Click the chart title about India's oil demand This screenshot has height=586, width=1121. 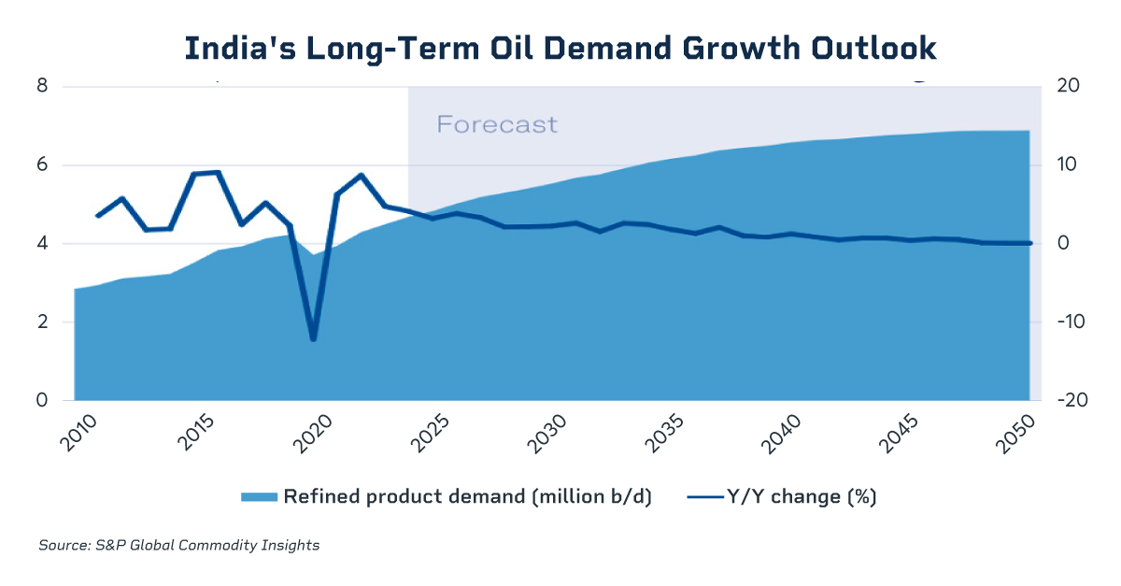click(x=560, y=49)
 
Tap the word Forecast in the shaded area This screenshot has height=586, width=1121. click(x=497, y=124)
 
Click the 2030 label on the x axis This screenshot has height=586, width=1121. click(x=555, y=435)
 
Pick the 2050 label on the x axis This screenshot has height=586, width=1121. click(x=1022, y=435)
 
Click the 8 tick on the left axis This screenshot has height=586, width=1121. click(x=42, y=87)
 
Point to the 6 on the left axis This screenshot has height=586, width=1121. click(x=42, y=165)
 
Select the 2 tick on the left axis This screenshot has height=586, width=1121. click(x=42, y=322)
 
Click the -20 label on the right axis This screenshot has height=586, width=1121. click(x=1067, y=401)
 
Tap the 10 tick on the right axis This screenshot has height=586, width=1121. click(x=1068, y=165)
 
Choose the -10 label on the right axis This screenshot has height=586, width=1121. click(x=1067, y=322)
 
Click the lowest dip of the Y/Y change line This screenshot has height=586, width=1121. click(x=314, y=339)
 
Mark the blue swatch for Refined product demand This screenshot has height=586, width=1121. click(x=260, y=497)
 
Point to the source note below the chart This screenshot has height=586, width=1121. click(x=179, y=545)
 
